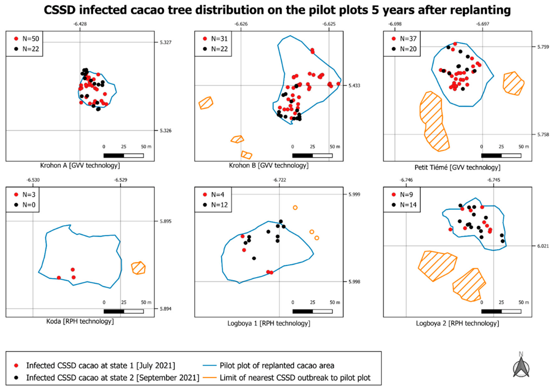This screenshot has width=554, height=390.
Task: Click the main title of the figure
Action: [x=277, y=10]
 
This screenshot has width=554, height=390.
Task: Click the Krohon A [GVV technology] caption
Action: [x=80, y=165]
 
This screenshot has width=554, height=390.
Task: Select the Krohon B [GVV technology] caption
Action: [x=269, y=165]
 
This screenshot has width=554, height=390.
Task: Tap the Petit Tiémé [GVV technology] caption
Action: [x=457, y=168]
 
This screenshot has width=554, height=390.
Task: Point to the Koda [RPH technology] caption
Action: [x=80, y=321]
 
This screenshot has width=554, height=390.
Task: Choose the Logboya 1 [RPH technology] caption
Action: [x=269, y=323]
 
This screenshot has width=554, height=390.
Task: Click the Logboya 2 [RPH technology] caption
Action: [x=457, y=323]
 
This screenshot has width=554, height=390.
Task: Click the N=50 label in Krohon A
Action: [x=31, y=39]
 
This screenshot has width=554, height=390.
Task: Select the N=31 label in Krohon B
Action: [x=219, y=39]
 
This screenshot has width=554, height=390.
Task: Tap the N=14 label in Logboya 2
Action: [x=408, y=205]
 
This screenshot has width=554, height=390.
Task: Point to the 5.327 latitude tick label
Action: [x=166, y=42]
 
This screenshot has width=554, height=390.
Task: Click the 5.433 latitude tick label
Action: [x=354, y=86]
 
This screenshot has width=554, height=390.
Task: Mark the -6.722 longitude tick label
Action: [x=279, y=180]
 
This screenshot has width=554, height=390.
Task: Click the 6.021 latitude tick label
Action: [x=543, y=246]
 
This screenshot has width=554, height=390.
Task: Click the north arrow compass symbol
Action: [x=521, y=367]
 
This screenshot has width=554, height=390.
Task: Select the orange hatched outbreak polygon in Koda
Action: [x=138, y=268]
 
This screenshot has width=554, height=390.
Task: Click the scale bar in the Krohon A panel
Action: [x=124, y=156]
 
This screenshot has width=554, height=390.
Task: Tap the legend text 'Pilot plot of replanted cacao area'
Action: [x=277, y=366]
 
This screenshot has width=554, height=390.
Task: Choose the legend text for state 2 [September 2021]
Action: [x=113, y=378]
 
